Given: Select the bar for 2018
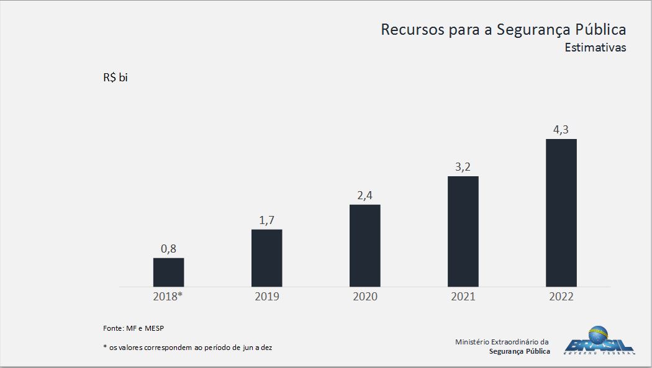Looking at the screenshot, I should (x=168, y=272).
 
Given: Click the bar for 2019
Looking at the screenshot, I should (x=266, y=258).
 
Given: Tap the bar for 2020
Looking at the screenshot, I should (x=364, y=246).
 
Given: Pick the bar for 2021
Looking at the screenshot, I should (x=463, y=231).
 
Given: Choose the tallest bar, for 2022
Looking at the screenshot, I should (x=561, y=213).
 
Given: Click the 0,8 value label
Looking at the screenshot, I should (x=168, y=249).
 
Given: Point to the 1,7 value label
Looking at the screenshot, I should (x=266, y=220).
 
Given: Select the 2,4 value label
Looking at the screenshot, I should (x=364, y=195).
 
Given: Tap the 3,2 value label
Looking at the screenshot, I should (x=463, y=167).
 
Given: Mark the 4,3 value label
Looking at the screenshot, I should (x=561, y=130).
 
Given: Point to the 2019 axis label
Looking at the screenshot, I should (x=266, y=297).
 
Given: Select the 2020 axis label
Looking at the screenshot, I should (x=364, y=297).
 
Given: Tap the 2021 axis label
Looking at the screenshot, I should (x=463, y=297).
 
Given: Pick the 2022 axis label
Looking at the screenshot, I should (x=561, y=297).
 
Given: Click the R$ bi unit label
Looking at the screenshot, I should (x=115, y=78).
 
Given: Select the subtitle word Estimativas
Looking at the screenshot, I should (x=595, y=48).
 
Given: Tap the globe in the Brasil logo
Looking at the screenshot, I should (x=598, y=336).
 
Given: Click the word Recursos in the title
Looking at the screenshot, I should (x=412, y=30).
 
